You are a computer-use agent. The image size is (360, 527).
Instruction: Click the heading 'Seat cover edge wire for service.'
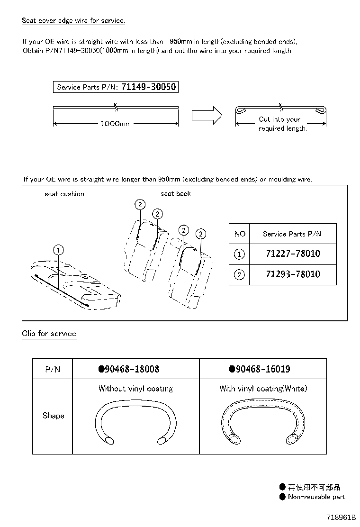tap(73, 21)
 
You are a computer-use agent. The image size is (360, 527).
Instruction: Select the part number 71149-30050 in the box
tap(149, 87)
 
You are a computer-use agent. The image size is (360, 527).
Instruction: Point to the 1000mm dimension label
tap(115, 124)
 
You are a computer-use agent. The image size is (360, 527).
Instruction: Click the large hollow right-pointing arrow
tap(207, 115)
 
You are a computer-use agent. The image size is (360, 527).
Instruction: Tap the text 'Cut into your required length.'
tap(281, 124)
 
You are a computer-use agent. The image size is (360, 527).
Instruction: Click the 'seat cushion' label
tap(64, 194)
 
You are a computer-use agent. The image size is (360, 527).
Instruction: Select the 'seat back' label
tap(176, 194)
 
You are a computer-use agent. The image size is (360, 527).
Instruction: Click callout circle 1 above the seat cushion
tap(58, 250)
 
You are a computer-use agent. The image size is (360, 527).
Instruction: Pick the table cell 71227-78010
tap(293, 254)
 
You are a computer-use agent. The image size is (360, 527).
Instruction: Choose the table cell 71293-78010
tap(293, 274)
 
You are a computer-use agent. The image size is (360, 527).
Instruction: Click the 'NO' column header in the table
tap(240, 234)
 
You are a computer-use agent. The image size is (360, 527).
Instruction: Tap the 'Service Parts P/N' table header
tap(292, 234)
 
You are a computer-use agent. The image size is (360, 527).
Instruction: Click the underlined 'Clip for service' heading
tap(49, 334)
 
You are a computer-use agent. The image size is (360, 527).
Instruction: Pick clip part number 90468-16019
tap(260, 369)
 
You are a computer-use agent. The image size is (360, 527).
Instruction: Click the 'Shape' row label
tap(53, 416)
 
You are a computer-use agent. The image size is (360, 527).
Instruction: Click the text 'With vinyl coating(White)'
tap(263, 389)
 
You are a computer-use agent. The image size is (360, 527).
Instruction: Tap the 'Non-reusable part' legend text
tap(316, 497)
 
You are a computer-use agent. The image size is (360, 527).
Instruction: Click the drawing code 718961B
tap(341, 517)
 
